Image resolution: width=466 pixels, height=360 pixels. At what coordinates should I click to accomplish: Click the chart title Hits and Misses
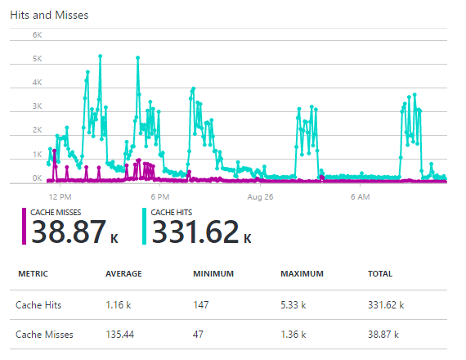(49, 15)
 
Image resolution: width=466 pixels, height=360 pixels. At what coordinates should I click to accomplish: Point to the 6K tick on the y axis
(37, 35)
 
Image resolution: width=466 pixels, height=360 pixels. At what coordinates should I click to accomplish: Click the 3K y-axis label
(37, 106)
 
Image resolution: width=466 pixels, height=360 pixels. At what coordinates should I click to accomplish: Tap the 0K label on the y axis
(37, 178)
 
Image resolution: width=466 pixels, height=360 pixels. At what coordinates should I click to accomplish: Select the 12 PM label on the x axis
(60, 197)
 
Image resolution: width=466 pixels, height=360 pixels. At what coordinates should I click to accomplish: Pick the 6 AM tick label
(360, 197)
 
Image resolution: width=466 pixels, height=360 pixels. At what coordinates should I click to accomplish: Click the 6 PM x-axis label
(159, 197)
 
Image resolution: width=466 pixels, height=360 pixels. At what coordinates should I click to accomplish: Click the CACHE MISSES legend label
(56, 212)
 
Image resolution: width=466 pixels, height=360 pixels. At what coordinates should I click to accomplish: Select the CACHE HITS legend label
(173, 212)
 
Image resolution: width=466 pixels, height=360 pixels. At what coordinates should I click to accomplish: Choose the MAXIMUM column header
(302, 274)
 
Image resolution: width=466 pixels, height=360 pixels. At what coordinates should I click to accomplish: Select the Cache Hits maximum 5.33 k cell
(293, 304)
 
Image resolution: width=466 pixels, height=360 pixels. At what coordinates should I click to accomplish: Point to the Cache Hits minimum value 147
(201, 304)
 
